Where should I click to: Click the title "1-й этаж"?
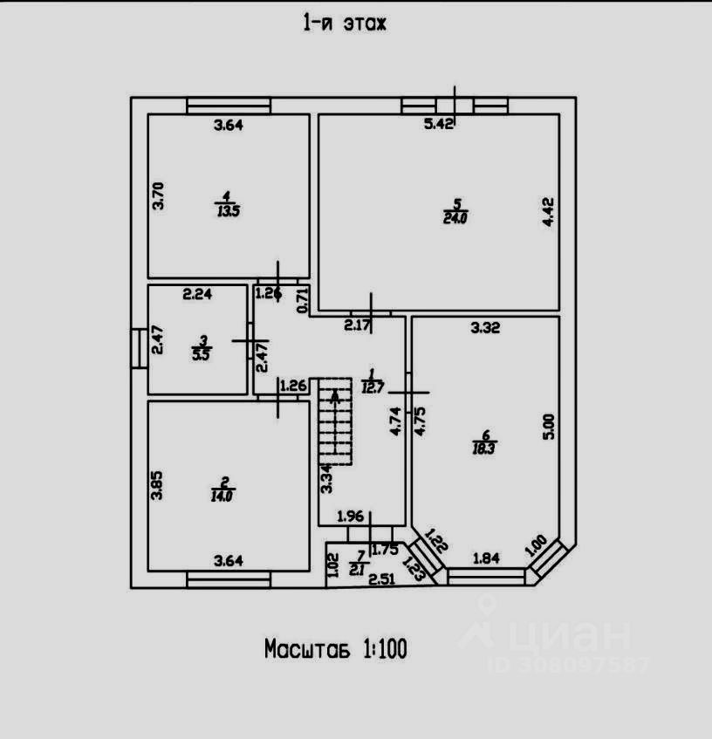pos(344,24)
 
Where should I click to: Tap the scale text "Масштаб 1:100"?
pos(336,649)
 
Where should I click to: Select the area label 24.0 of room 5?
pos(455,219)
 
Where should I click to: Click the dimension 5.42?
pos(439,124)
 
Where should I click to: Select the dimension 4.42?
pos(548,212)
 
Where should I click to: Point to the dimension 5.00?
pos(548,426)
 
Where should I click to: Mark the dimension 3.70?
pos(158,195)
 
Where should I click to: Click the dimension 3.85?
pos(157,484)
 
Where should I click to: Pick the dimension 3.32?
pos(486,328)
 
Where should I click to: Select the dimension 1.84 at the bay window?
pos(488,557)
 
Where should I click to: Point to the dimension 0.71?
pos(304,300)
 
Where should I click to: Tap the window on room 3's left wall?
pos(138,347)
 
